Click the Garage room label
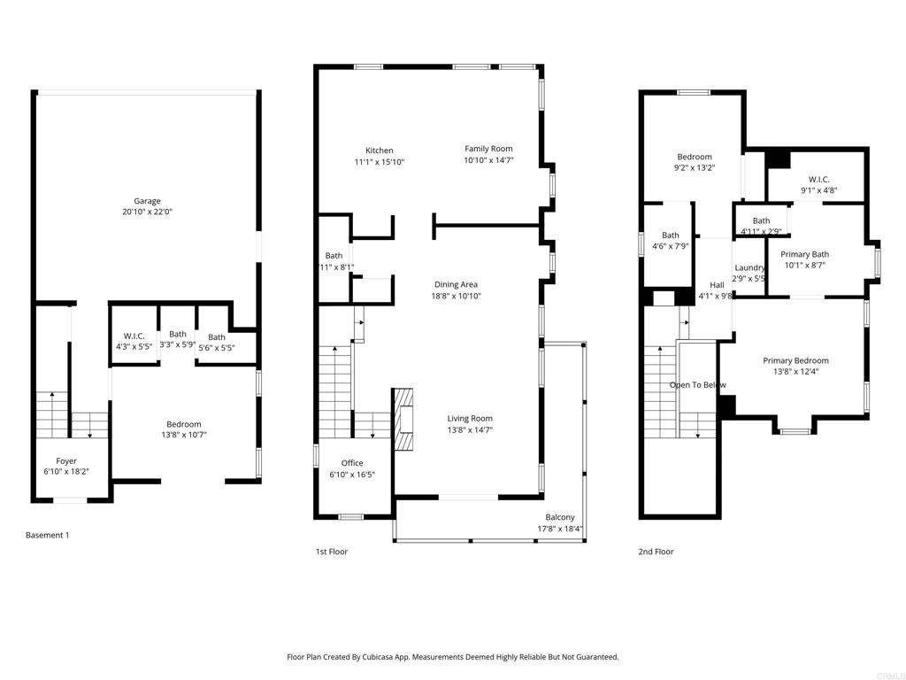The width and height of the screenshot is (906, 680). tap(147, 201)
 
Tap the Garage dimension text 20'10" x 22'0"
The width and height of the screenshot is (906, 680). tap(147, 212)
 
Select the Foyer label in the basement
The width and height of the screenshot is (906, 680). tap(66, 461)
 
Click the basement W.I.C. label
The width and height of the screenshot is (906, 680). tap(134, 336)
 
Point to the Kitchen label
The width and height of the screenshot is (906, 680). tap(379, 151)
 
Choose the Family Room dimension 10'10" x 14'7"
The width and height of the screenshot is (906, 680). tap(488, 161)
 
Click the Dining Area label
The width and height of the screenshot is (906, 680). tap(457, 284)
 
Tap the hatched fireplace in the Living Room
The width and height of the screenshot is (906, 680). tap(403, 421)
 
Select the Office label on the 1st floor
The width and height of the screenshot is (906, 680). tap(352, 463)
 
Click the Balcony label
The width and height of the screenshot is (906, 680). tap(559, 518)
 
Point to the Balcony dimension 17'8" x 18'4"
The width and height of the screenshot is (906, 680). tap(559, 529)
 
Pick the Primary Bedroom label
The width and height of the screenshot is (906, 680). tap(795, 360)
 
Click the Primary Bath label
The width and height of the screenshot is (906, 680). tap(804, 254)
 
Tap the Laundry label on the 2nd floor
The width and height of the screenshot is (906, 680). tap(749, 267)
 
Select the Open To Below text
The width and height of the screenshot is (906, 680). tap(697, 385)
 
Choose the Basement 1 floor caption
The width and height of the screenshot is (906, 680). tap(47, 535)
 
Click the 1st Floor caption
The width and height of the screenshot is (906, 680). tap(332, 552)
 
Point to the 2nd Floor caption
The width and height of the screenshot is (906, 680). tap(656, 552)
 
